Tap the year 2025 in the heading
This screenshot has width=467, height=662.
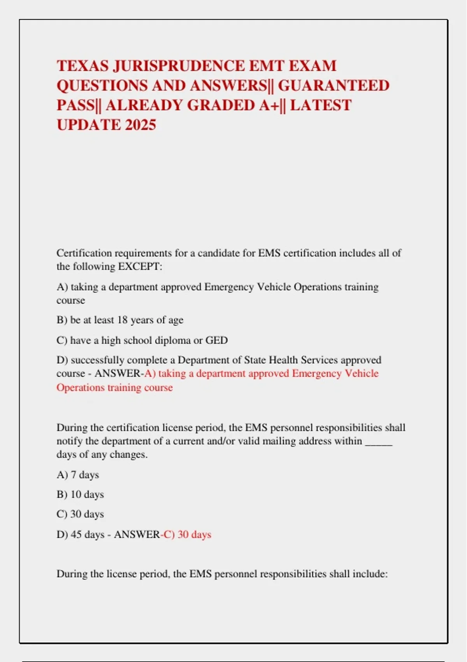coord(140,125)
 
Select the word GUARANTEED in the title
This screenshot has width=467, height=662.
coord(334,86)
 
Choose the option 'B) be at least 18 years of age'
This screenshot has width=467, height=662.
coord(120,320)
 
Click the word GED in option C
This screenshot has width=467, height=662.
coord(216,340)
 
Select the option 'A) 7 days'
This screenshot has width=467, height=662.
coord(78,475)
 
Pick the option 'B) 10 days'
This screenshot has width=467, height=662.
coord(80,495)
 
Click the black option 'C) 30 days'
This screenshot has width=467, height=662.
coord(80,514)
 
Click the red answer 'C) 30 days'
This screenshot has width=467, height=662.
coord(188,535)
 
